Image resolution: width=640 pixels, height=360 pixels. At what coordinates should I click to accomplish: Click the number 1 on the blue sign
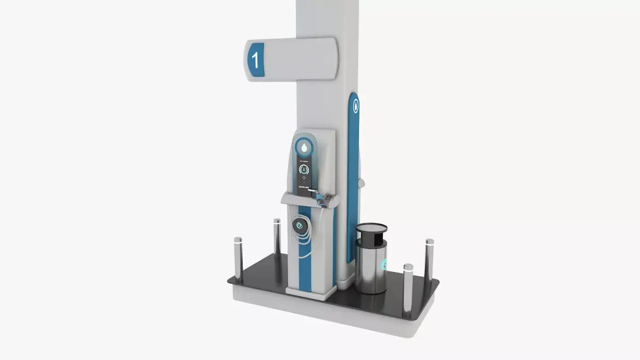[x=255, y=60]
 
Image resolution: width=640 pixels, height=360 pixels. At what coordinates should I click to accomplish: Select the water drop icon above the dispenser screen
[x=303, y=146]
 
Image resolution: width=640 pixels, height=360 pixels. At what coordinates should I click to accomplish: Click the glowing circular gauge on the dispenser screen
[x=304, y=170]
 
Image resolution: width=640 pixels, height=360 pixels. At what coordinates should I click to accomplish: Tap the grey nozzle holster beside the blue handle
[x=331, y=199]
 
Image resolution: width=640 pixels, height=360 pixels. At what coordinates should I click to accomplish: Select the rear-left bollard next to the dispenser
[x=277, y=237]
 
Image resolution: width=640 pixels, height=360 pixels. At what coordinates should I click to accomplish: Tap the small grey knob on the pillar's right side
[x=362, y=183]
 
